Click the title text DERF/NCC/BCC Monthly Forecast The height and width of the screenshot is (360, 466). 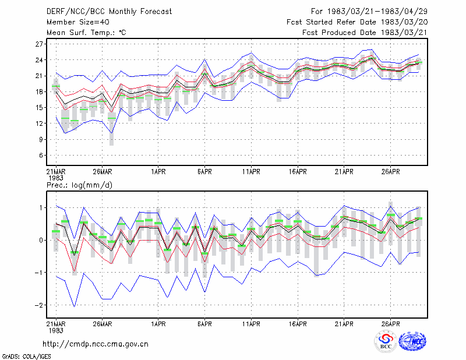click(109, 12)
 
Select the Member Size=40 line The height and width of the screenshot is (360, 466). click(78, 22)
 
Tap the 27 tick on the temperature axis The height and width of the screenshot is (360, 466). click(39, 44)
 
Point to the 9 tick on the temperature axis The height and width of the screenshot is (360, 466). click(41, 139)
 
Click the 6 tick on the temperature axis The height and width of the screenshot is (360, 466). click(41, 155)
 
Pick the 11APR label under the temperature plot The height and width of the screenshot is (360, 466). click(251, 172)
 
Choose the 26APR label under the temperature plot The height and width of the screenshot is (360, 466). click(390, 172)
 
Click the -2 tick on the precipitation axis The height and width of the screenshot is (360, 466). click(38, 305)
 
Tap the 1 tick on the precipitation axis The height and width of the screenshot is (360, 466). click(41, 208)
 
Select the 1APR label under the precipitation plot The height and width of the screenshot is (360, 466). click(158, 324)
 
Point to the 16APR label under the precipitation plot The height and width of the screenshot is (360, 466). click(298, 324)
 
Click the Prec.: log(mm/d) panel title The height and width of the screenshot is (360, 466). click(79, 185)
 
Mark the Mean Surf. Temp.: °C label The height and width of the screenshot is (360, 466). click(86, 33)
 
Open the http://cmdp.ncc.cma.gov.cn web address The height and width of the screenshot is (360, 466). click(96, 344)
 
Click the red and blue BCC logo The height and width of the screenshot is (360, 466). click(386, 341)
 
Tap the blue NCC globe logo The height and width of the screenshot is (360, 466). click(412, 341)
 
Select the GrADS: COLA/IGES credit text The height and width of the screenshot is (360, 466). click(26, 357)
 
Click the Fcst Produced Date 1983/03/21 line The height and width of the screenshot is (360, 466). click(365, 33)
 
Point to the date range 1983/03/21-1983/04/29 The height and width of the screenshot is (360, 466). click(377, 12)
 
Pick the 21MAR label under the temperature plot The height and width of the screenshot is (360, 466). click(56, 172)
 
